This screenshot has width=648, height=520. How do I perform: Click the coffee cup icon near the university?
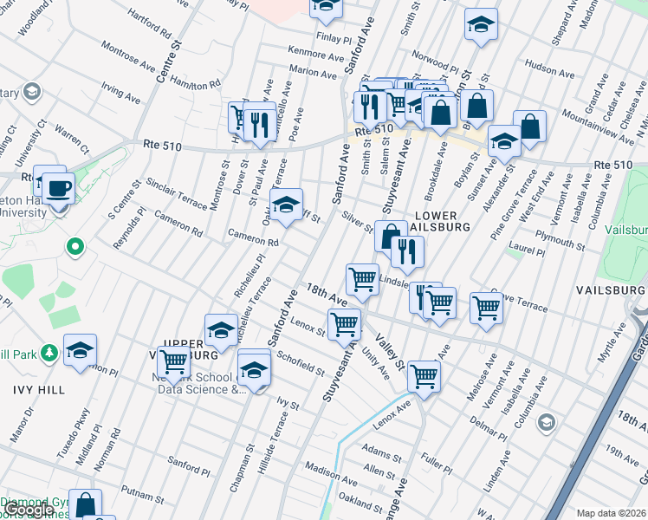[59, 187]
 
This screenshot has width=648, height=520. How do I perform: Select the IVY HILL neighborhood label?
[32, 390]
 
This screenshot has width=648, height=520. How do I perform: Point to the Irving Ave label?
[120, 94]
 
